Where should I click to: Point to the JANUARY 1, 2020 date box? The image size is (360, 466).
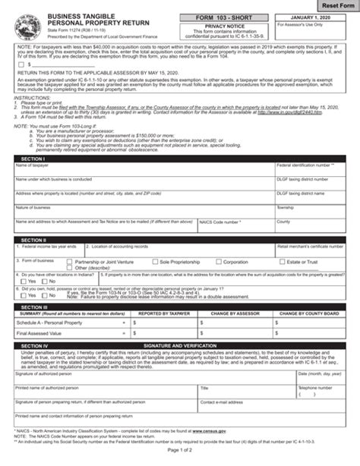tap(314, 17)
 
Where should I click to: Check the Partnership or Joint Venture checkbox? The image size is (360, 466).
tap(70, 262)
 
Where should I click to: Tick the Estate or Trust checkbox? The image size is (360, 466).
tap(281, 262)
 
